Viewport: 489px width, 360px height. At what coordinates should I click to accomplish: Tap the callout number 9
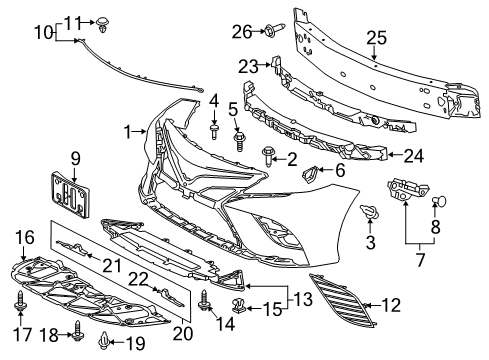[74, 157]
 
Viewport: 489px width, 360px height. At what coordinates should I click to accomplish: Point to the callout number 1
[127, 131]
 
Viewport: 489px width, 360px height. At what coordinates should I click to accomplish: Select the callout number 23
[248, 67]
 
